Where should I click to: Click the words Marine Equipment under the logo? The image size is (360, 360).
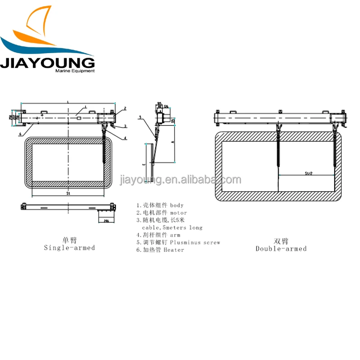[x=75, y=71]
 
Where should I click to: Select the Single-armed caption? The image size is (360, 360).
[x=70, y=247]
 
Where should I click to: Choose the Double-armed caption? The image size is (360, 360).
[x=281, y=248]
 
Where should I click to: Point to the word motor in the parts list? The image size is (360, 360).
[x=178, y=212]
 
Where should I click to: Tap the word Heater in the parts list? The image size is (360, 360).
[x=174, y=250]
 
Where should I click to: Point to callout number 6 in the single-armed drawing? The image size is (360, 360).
[x=20, y=134]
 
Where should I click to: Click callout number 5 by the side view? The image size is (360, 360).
[x=140, y=117]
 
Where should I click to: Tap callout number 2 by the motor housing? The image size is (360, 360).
[x=125, y=108]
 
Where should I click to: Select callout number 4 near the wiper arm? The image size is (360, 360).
[x=125, y=137]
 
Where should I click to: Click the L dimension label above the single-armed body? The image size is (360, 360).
[x=67, y=103]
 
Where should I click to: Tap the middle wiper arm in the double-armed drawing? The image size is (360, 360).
[x=279, y=148]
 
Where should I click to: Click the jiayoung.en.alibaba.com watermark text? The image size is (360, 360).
[x=180, y=180]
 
